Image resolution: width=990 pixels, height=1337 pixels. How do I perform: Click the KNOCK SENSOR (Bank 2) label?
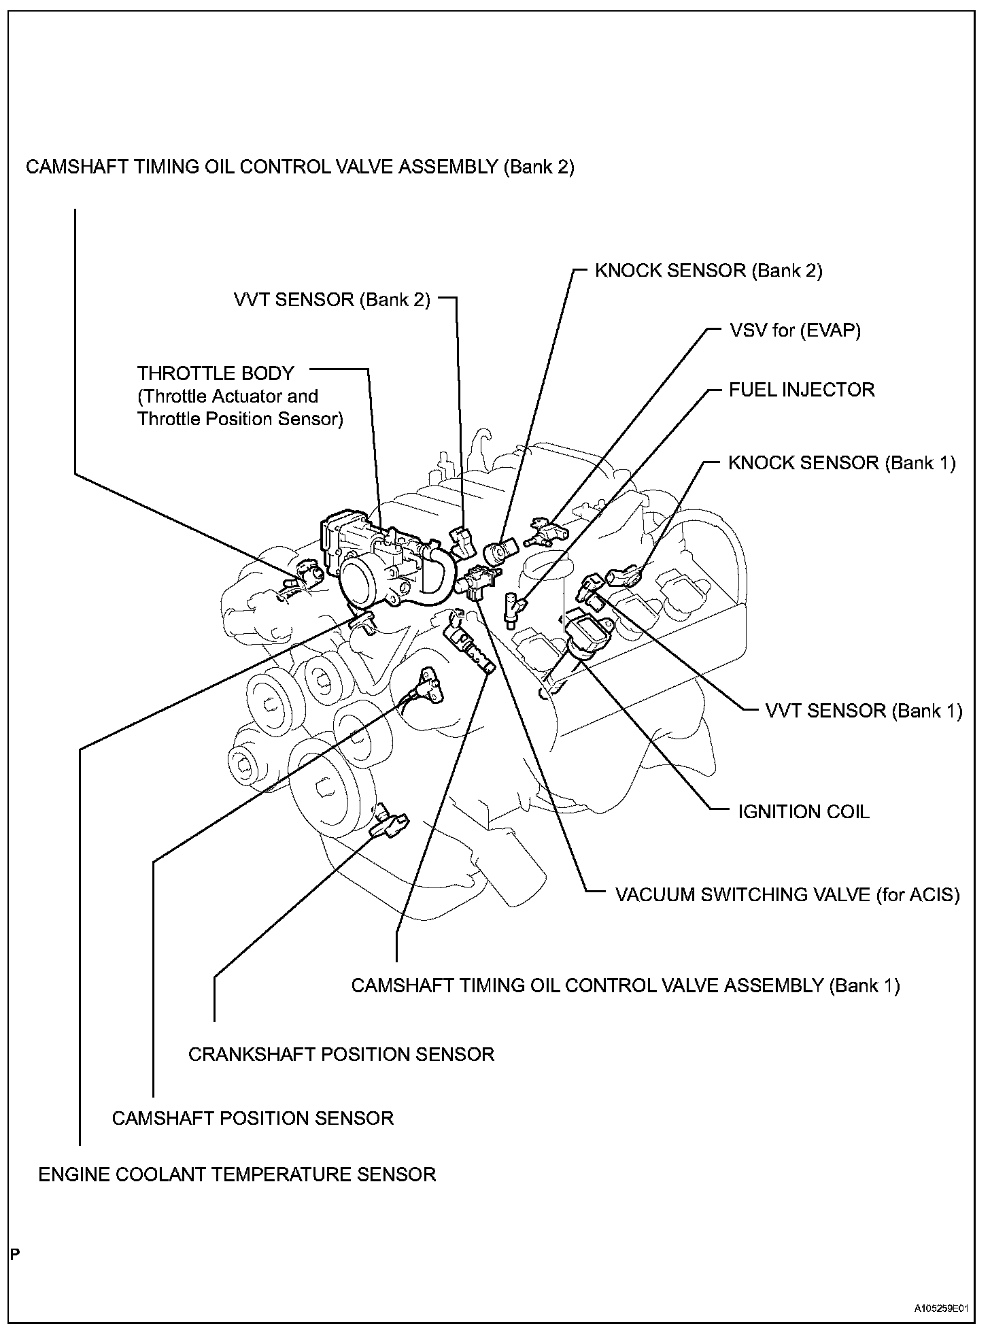tap(709, 271)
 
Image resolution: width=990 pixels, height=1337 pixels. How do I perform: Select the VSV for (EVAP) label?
tap(795, 331)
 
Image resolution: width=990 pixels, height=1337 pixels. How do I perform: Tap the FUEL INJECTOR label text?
tap(802, 390)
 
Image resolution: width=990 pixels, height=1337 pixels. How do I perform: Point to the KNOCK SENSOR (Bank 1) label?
tap(842, 463)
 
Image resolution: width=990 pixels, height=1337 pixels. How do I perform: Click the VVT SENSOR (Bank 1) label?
tap(864, 711)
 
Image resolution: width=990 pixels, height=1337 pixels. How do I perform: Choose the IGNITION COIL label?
tap(804, 812)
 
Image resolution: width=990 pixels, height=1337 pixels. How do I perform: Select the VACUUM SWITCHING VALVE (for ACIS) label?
tap(787, 895)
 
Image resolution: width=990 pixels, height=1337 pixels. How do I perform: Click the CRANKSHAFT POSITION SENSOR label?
tap(341, 1054)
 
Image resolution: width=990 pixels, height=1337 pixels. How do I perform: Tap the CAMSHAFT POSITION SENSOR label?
tap(253, 1118)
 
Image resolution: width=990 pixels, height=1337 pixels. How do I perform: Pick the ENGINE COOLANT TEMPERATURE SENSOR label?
tap(237, 1174)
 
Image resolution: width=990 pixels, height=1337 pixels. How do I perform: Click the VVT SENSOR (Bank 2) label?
tap(332, 300)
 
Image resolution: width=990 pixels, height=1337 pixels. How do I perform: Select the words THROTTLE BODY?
tap(216, 373)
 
